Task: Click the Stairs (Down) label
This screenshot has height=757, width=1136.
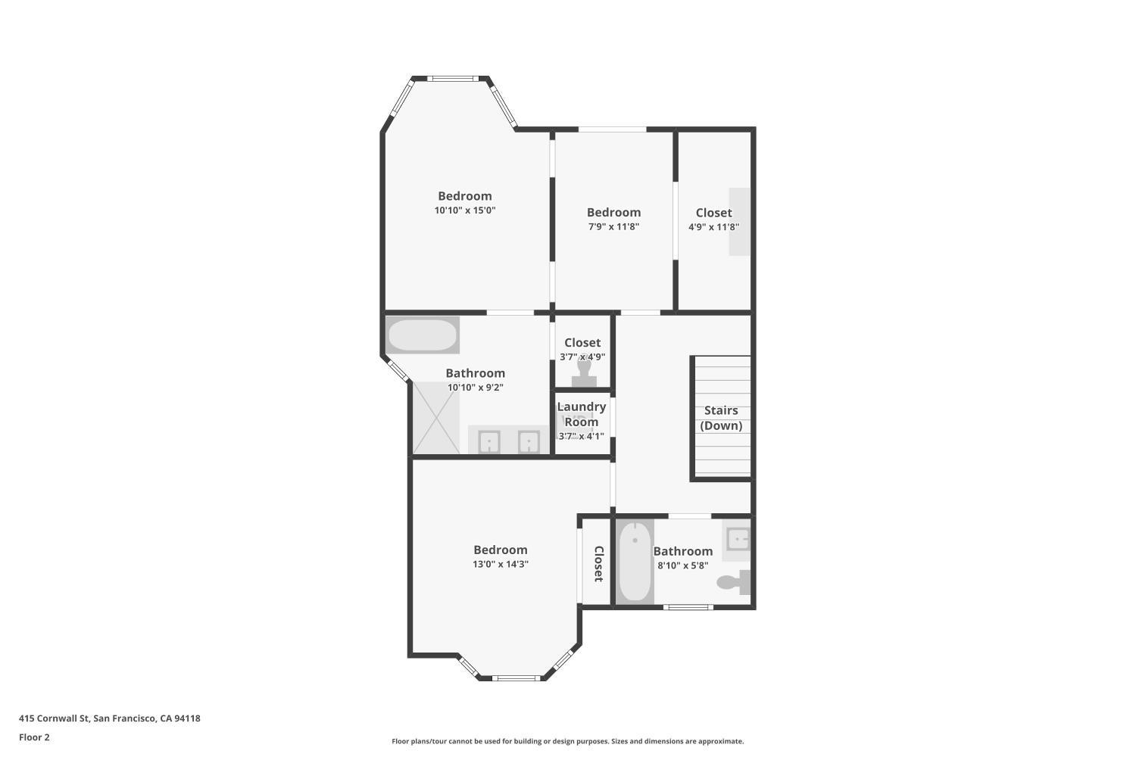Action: click(x=721, y=418)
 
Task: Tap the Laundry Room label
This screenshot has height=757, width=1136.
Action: click(x=581, y=414)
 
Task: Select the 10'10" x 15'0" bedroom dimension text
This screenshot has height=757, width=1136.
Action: click(x=464, y=210)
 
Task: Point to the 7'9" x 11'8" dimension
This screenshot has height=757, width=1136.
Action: click(x=613, y=226)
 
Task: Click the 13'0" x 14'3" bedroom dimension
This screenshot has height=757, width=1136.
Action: click(x=501, y=564)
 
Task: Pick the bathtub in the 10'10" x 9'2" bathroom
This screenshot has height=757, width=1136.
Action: click(x=423, y=335)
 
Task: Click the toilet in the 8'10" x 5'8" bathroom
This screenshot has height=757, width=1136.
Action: click(x=734, y=581)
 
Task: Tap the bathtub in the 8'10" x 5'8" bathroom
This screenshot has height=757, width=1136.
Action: click(x=635, y=561)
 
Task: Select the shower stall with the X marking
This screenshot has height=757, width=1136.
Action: click(x=436, y=418)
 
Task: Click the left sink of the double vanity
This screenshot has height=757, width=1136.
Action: click(x=489, y=441)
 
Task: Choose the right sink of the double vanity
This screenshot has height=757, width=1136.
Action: click(x=529, y=441)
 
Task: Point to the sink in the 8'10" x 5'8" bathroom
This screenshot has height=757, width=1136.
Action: click(x=738, y=538)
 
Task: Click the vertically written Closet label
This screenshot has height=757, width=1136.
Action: click(x=598, y=563)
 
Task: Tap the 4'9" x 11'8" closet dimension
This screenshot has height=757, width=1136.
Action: click(x=713, y=226)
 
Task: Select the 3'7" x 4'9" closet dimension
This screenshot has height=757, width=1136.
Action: click(x=582, y=357)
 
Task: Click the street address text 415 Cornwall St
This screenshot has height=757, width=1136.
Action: click(x=55, y=718)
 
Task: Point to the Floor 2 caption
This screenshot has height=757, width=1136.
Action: click(x=35, y=737)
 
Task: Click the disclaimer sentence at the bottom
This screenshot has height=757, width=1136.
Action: click(x=567, y=741)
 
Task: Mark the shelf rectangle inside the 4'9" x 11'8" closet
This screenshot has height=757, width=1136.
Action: click(x=739, y=222)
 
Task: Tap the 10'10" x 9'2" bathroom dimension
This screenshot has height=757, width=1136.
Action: click(x=475, y=388)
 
